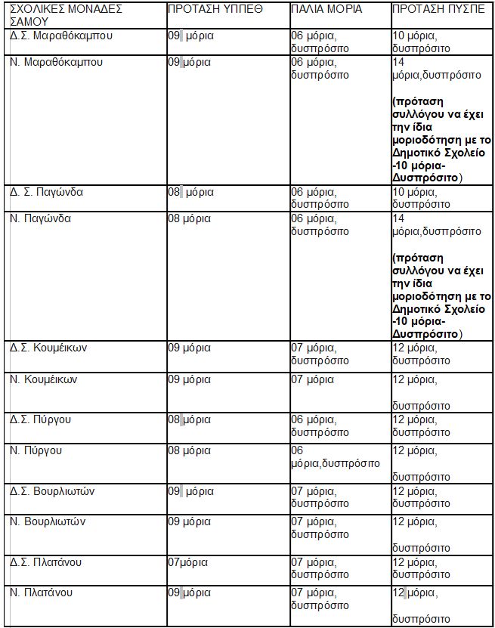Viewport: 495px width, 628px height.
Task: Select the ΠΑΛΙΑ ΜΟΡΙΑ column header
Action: pyautogui.click(x=326, y=10)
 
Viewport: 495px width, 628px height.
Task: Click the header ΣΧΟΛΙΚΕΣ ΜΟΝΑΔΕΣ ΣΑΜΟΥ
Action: pyautogui.click(x=66, y=15)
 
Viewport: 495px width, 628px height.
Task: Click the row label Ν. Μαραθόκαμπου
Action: pyautogui.click(x=57, y=62)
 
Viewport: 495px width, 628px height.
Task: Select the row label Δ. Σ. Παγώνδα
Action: pyautogui.click(x=47, y=192)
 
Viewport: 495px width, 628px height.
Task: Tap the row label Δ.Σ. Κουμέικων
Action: pyautogui.click(x=50, y=348)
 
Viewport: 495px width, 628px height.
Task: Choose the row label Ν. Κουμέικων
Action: pyautogui.click(x=44, y=379)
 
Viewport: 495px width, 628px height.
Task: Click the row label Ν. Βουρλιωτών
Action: pyautogui.click(x=48, y=521)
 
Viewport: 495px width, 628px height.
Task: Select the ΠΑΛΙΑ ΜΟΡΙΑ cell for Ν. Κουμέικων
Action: pyautogui.click(x=312, y=379)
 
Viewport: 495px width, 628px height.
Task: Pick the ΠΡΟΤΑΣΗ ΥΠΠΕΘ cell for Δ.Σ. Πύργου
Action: pyautogui.click(x=190, y=419)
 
